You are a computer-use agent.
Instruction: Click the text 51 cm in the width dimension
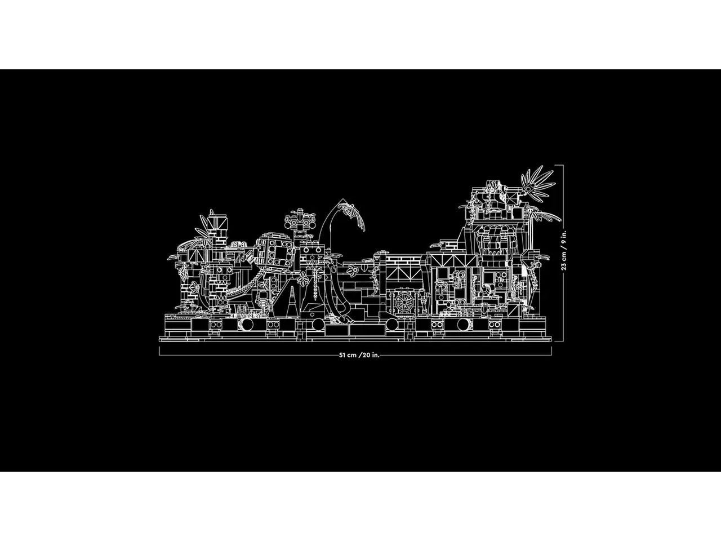[348, 356]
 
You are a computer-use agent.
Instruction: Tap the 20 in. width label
[371, 356]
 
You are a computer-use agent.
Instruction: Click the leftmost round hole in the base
[247, 325]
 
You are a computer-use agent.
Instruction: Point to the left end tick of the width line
[159, 351]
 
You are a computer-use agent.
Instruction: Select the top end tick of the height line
[559, 165]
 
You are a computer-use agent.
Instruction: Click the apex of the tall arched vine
[342, 199]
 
